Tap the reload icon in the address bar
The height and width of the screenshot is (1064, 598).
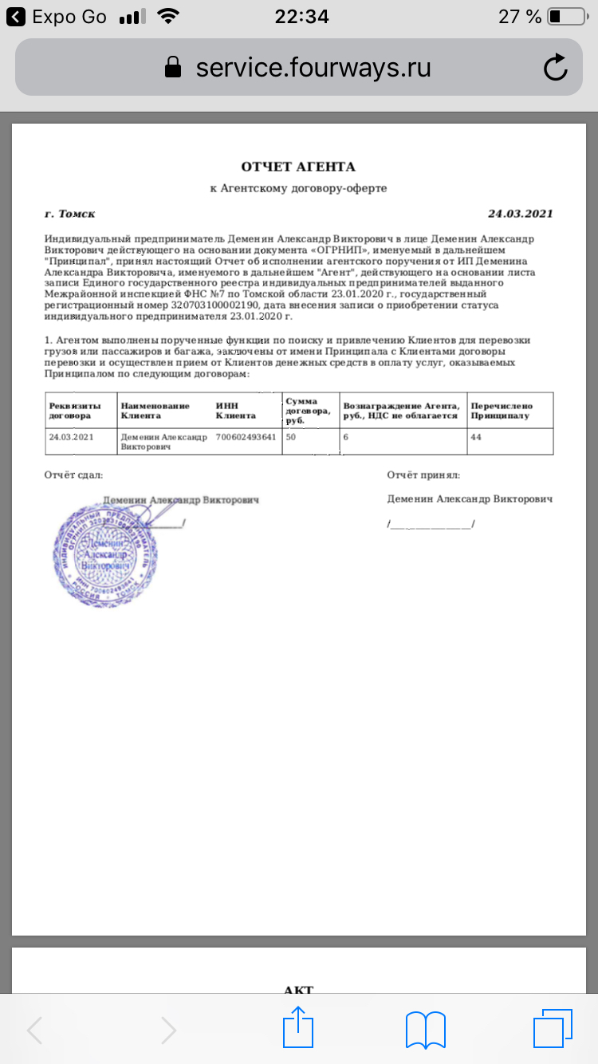click(555, 68)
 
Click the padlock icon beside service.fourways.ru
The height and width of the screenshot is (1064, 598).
click(172, 68)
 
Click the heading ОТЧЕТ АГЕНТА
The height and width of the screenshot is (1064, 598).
click(298, 167)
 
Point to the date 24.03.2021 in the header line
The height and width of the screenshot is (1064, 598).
click(520, 214)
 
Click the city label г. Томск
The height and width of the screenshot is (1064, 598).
click(70, 214)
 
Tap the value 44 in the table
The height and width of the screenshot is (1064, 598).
click(476, 437)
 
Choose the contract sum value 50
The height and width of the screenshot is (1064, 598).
click(291, 437)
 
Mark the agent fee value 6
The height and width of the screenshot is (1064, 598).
click(346, 437)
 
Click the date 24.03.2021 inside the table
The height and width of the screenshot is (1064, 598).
click(72, 437)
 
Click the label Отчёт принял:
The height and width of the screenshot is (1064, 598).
click(423, 475)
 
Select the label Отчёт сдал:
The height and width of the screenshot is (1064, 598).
click(73, 475)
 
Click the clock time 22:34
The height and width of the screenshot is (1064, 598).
click(301, 17)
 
